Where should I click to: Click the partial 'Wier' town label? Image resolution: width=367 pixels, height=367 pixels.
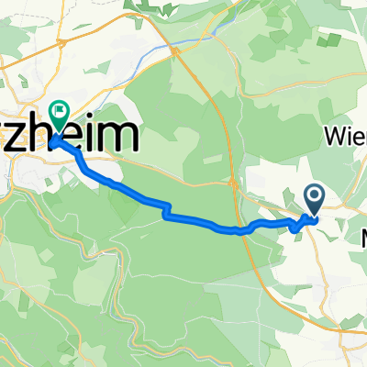(x=345, y=137)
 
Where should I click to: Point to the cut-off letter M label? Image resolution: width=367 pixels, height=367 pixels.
(x=362, y=237)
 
